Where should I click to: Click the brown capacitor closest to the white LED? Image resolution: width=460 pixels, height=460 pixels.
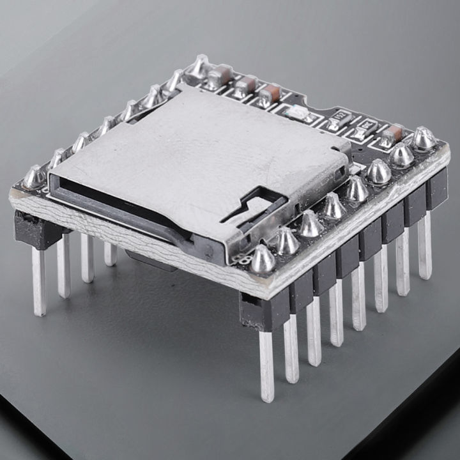270,95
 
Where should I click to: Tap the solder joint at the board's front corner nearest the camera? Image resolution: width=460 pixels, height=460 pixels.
263,259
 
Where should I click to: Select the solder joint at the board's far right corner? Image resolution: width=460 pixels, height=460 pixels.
424,138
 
